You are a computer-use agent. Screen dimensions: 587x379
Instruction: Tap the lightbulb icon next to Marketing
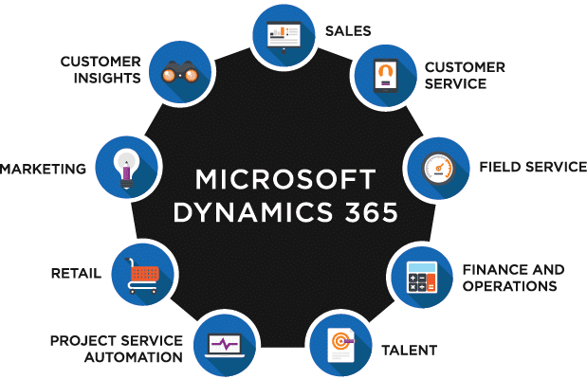click(126, 169)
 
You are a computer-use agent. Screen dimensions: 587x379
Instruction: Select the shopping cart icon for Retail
click(142, 276)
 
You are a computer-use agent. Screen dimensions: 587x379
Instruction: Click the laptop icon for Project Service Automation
click(225, 345)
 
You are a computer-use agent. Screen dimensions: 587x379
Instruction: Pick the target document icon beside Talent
click(341, 345)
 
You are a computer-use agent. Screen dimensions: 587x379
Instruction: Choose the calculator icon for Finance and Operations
click(422, 278)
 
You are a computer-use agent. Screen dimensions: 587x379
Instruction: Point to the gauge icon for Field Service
click(438, 169)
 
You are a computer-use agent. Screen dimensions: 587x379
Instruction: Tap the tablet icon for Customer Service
click(386, 76)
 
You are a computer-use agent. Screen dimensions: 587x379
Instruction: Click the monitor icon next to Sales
click(284, 37)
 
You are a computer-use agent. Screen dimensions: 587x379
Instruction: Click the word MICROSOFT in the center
click(285, 179)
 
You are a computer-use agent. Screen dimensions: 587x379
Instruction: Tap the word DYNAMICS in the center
click(253, 212)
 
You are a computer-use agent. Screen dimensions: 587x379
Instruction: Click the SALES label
click(348, 31)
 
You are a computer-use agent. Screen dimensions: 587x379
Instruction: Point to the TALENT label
click(409, 351)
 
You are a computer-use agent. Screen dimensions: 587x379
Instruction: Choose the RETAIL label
click(77, 274)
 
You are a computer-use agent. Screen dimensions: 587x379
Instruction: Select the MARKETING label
click(43, 169)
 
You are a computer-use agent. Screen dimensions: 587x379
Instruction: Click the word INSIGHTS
click(107, 79)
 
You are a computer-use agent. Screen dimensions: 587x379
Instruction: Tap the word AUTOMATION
click(134, 357)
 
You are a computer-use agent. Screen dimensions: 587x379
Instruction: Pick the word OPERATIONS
click(510, 286)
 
